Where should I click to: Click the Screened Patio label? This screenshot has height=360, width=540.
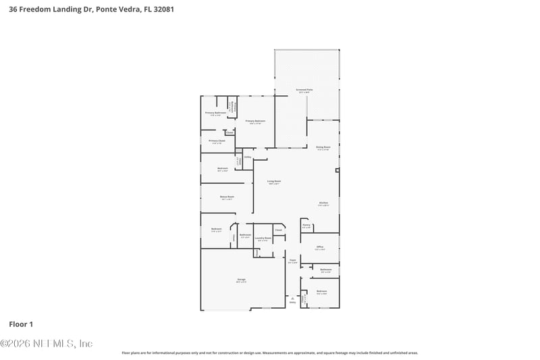click(305, 89)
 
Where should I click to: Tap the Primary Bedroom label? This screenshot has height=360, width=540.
click(255, 121)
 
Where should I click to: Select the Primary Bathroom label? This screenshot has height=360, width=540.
click(215, 113)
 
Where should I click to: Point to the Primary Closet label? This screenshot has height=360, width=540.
click(217, 140)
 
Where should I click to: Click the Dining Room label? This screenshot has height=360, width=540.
click(323, 147)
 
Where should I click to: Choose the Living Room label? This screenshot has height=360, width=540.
click(273, 181)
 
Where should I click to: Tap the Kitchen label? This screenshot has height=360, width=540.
click(323, 203)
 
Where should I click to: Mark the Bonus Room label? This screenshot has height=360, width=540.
click(226, 197)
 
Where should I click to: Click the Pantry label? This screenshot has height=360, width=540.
click(306, 225)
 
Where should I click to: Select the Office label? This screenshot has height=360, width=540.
click(320, 247)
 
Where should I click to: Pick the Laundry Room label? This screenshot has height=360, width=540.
click(263, 238)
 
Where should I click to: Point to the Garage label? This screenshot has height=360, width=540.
click(241, 278)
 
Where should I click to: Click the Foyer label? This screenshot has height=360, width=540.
click(293, 260)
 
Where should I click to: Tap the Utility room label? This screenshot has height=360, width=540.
click(248, 157)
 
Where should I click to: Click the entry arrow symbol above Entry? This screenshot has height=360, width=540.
click(293, 298)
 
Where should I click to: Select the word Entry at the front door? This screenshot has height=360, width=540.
click(293, 303)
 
